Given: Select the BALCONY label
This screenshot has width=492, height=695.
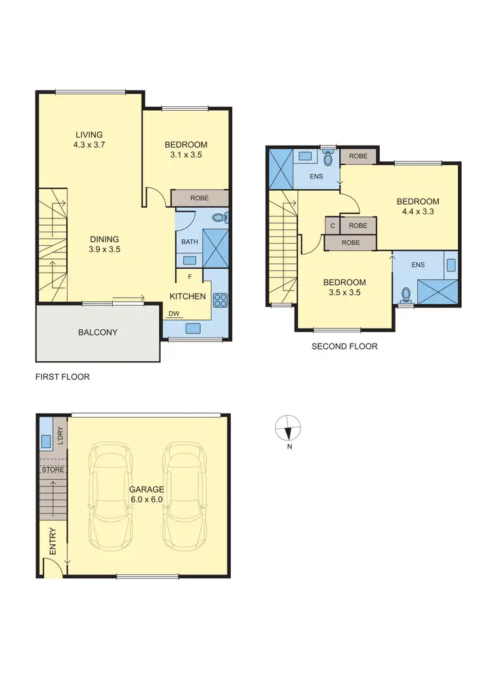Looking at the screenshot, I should (98, 332).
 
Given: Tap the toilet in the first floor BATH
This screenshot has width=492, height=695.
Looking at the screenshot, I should (220, 217).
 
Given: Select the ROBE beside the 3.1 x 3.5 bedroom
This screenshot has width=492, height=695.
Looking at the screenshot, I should (200, 198).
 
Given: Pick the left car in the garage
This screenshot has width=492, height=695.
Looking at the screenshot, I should (112, 495).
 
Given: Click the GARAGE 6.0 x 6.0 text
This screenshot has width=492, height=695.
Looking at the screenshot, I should (146, 494).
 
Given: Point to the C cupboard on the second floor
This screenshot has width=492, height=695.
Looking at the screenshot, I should (333, 226).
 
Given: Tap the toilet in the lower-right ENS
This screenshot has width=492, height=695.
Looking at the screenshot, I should (406, 294).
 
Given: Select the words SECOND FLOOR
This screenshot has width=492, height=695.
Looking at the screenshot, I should (344, 346).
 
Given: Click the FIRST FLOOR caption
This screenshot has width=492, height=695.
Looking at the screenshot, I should (62, 377).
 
